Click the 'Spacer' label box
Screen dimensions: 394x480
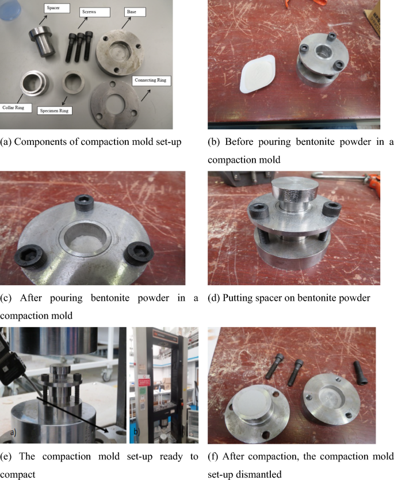point(57,8)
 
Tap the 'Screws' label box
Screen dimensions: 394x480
point(95,12)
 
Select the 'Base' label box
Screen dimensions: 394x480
point(135,12)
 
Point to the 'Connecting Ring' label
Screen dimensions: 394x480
point(151,80)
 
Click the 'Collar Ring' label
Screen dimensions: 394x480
point(16,107)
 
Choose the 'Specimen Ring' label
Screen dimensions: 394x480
point(54,110)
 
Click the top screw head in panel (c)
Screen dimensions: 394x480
point(83,203)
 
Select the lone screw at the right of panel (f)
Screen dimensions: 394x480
point(361,373)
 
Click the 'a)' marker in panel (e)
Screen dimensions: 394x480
point(13,433)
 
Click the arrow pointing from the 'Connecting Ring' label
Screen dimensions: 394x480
point(146,95)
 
